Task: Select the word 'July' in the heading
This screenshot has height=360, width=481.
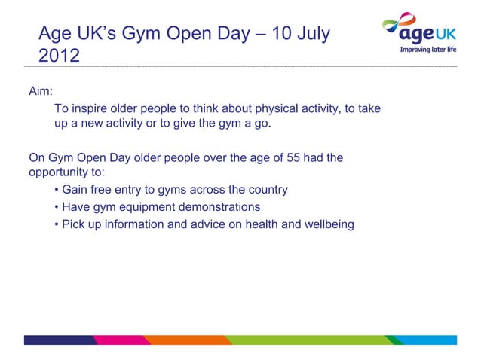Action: pos(309,34)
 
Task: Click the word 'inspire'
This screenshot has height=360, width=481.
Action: pos(90,108)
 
